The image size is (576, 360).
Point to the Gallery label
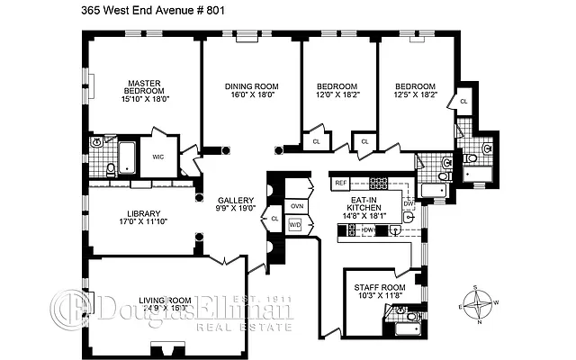(x=236, y=200)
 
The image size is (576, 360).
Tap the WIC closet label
(x=158, y=157)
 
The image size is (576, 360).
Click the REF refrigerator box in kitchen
(x=340, y=183)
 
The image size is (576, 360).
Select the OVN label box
(x=296, y=206)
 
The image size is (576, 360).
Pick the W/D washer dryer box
(x=295, y=225)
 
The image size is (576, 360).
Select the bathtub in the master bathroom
(x=127, y=159)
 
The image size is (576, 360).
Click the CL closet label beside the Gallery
(x=274, y=218)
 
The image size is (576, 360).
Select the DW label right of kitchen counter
(x=408, y=204)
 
